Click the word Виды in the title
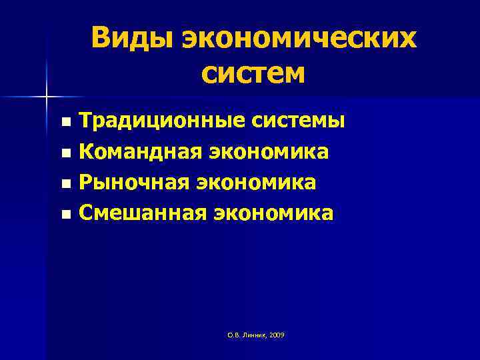(131, 39)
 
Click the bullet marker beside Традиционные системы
(65, 123)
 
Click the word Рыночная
(133, 183)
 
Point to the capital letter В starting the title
(102, 39)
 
